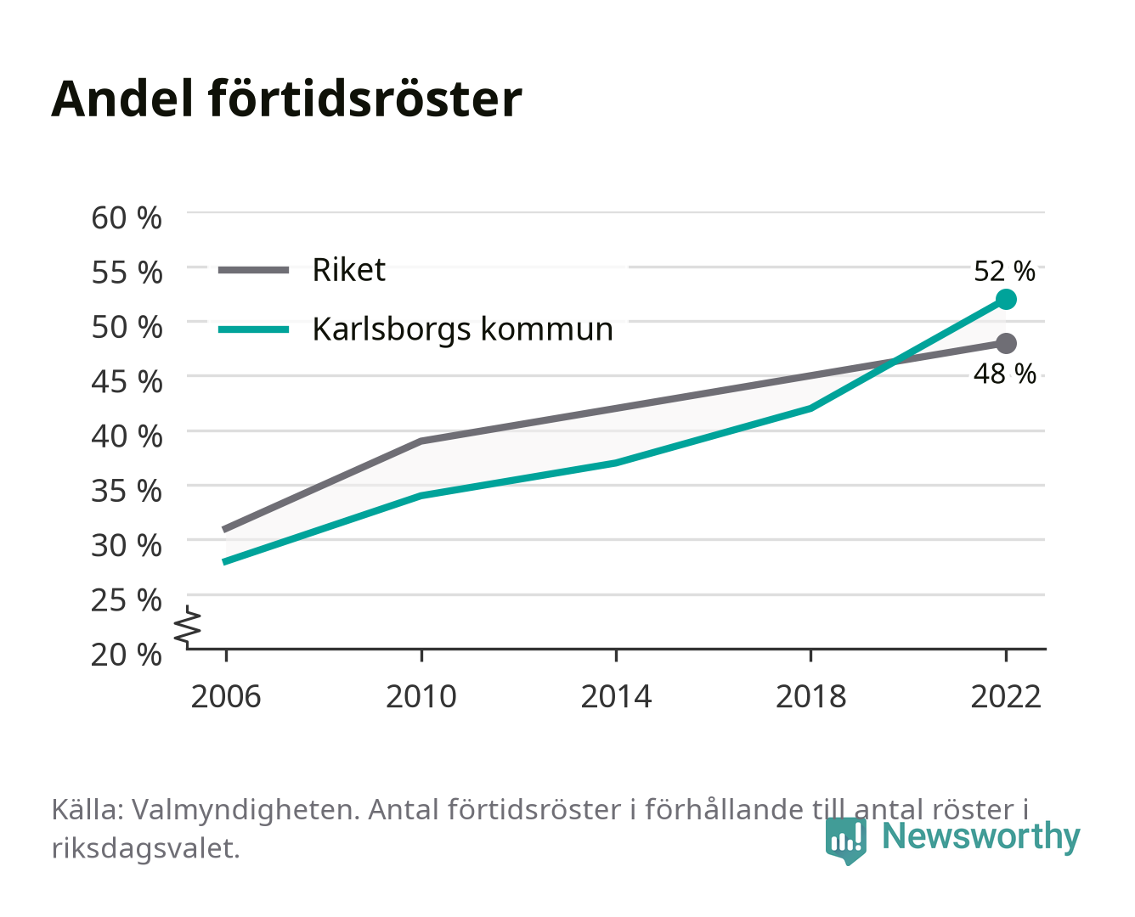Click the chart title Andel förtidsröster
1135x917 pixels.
[x=286, y=99]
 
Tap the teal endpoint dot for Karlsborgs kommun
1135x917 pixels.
[x=1006, y=299]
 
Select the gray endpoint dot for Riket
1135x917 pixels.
[x=1006, y=344]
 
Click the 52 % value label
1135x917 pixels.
[x=1004, y=271]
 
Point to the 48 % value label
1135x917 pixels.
[x=1004, y=374]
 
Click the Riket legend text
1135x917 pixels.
[x=348, y=269]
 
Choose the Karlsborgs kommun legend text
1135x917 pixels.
[x=462, y=329]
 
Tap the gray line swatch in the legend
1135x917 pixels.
[x=254, y=270]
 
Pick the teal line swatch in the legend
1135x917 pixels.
[x=254, y=329]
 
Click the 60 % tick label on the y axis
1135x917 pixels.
[x=127, y=218]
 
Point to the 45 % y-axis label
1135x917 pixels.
[x=127, y=382]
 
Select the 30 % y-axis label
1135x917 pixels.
[x=127, y=545]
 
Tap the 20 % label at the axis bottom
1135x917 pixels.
[x=127, y=655]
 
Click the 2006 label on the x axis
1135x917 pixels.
[x=226, y=696]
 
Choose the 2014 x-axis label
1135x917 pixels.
[x=616, y=696]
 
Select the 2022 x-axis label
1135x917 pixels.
[x=1006, y=696]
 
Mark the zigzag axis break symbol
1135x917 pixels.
[x=188, y=627]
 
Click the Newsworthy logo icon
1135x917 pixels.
[x=845, y=841]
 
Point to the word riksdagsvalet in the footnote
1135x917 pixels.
[x=145, y=848]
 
